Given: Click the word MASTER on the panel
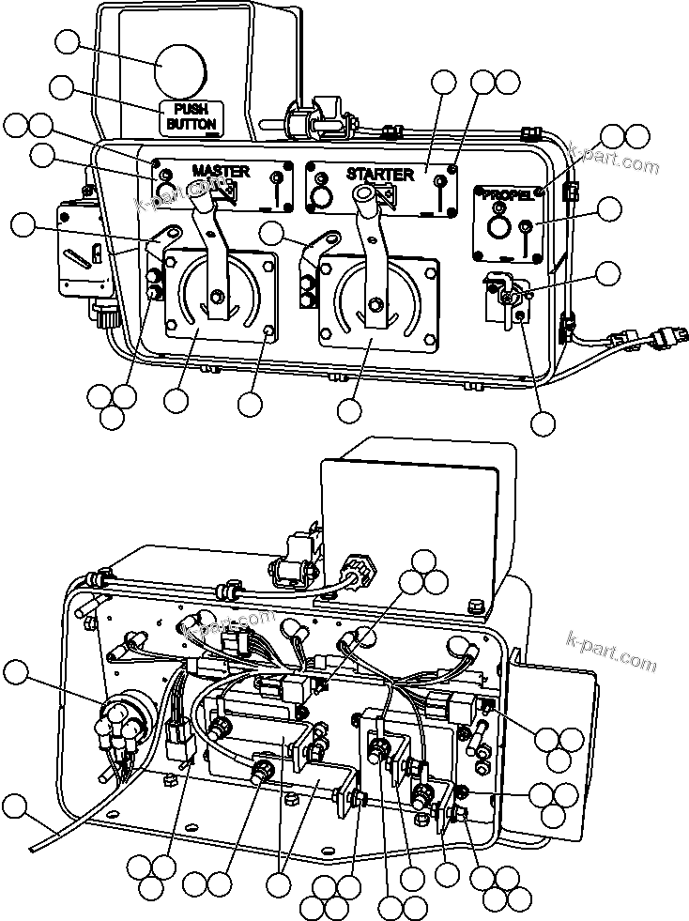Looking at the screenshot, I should point(222,171).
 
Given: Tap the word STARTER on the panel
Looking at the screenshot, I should point(379,175).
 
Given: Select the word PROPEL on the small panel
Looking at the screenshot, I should point(508,195).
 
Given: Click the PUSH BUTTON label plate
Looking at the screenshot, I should point(191,115).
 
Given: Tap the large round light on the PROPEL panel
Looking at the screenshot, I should point(498,230).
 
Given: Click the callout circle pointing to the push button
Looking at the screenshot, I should point(68,41).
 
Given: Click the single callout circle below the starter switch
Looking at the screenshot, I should point(350,410).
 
